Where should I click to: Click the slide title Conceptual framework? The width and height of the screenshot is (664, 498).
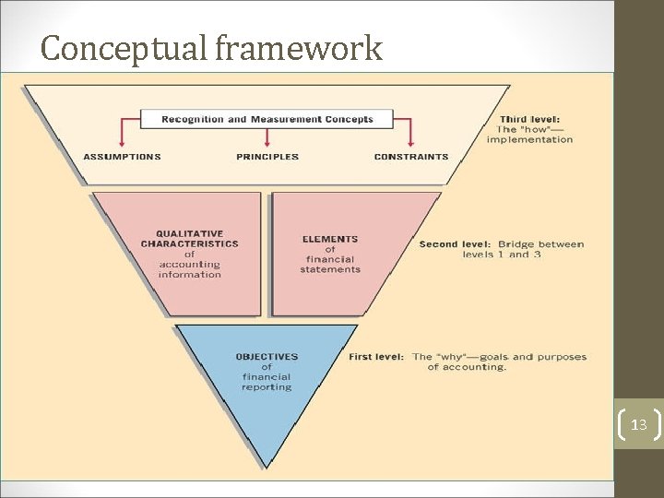[211, 48]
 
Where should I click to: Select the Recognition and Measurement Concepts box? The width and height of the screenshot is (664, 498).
[267, 119]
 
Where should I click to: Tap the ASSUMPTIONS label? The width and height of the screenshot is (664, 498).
[122, 157]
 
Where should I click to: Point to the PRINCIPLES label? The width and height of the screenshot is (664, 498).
[267, 157]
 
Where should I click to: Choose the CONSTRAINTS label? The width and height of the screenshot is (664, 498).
[411, 157]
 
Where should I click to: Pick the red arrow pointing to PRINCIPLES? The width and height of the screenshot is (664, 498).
[267, 138]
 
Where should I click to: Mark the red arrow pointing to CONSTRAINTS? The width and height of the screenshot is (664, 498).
[411, 138]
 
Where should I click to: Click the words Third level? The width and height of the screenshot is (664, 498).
[528, 119]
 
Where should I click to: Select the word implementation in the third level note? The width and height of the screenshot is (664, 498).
[529, 140]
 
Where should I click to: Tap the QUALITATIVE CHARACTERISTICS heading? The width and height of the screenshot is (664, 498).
[189, 239]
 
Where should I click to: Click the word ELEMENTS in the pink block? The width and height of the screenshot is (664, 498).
[330, 239]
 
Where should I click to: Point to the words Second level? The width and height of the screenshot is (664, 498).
[452, 244]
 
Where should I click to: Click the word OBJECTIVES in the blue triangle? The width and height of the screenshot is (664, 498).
[267, 356]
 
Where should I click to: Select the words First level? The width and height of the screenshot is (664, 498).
[376, 357]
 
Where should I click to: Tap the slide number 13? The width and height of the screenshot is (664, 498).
[638, 425]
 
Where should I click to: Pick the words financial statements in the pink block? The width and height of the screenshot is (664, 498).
[330, 265]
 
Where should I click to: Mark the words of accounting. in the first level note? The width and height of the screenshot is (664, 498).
[467, 367]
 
